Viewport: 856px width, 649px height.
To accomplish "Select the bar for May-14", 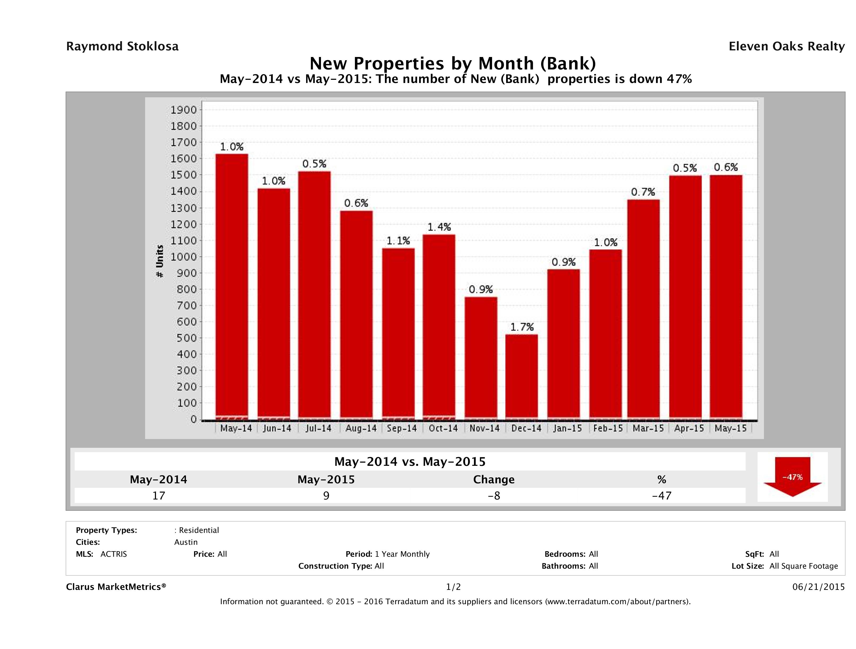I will pyautogui.click(x=232, y=286).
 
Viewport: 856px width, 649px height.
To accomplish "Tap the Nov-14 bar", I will pyautogui.click(x=481, y=358).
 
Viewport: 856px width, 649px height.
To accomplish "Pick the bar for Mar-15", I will pyautogui.click(x=643, y=309).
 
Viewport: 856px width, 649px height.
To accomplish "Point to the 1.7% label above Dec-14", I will pyautogui.click(x=522, y=327).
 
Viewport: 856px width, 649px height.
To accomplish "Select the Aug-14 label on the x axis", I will pyautogui.click(x=361, y=428).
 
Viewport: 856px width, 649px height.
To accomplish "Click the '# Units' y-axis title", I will pyautogui.click(x=159, y=261).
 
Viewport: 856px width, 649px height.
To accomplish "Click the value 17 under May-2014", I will pyautogui.click(x=159, y=495).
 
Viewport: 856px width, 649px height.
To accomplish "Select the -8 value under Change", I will pyautogui.click(x=494, y=495).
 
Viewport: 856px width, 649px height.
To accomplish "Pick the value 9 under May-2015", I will pyautogui.click(x=326, y=495).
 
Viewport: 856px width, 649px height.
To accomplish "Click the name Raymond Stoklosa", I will pyautogui.click(x=122, y=46).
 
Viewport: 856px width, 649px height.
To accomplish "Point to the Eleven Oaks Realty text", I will pyautogui.click(x=786, y=46).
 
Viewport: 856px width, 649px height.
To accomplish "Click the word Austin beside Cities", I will pyautogui.click(x=186, y=542).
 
